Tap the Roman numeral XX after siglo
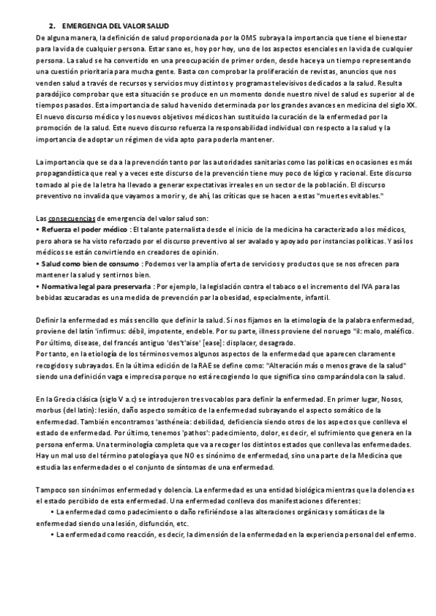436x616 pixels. click(x=411, y=105)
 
